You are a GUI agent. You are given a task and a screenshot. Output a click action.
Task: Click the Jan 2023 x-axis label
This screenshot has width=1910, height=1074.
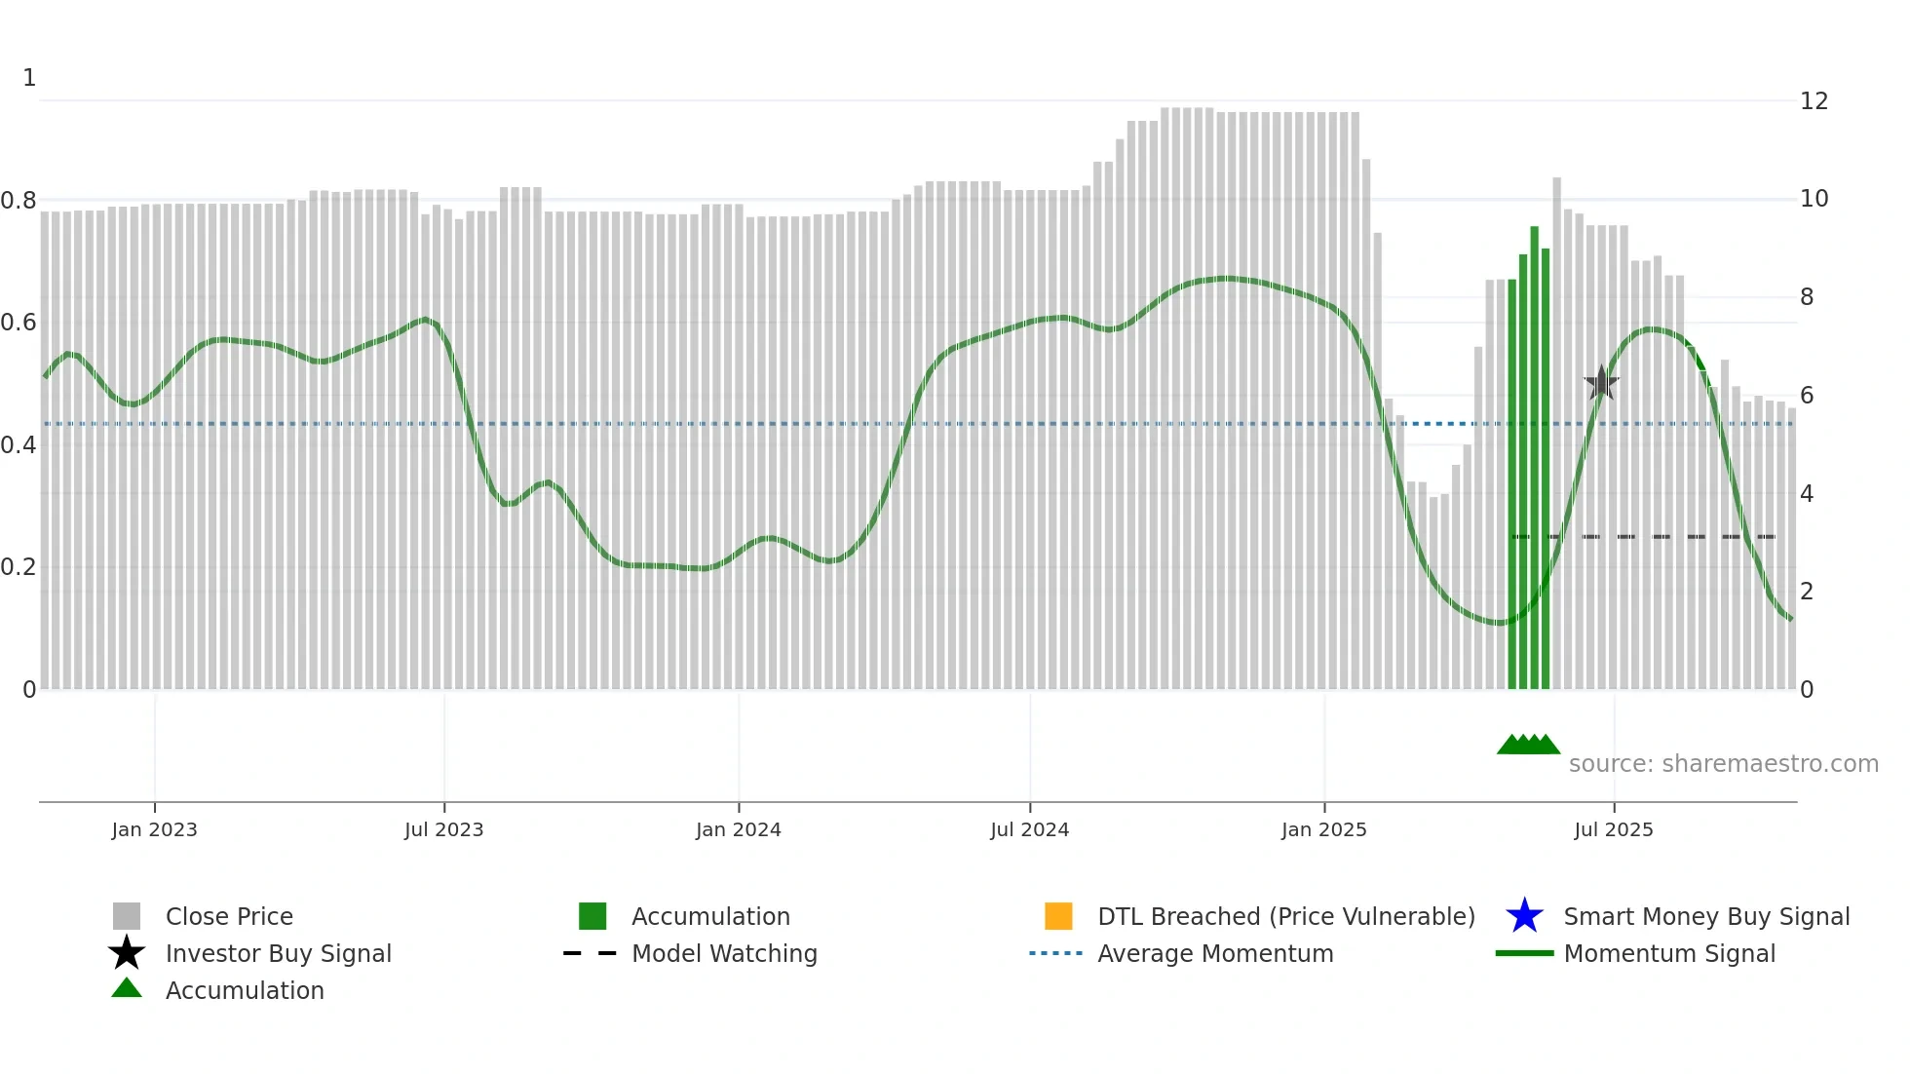coord(154,829)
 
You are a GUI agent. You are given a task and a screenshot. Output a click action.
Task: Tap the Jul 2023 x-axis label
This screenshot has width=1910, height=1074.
coord(443,829)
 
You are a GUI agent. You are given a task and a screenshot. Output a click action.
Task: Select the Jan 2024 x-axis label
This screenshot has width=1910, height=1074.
coord(738,829)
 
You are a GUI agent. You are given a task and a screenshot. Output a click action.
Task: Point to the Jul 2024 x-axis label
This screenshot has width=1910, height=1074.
coord(1029,829)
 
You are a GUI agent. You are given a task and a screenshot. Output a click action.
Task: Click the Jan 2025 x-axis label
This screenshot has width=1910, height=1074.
coord(1323,829)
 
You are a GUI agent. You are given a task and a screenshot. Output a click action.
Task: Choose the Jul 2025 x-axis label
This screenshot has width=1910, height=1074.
coord(1613,829)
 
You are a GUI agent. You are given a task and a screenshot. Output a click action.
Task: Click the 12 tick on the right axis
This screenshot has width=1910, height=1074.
coord(1814,101)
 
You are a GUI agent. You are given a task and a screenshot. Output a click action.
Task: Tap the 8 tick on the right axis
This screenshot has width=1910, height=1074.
coord(1807,297)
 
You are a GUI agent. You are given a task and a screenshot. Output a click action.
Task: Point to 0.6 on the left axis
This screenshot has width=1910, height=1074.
coord(19,323)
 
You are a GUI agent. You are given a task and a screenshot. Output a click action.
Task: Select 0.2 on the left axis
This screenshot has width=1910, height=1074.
coord(19,567)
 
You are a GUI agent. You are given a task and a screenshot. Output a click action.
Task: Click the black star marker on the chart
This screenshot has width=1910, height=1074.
coord(1601,383)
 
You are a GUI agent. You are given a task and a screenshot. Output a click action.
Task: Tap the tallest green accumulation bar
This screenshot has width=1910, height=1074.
coord(1534,458)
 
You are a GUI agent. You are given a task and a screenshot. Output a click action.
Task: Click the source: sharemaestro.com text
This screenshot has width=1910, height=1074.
coord(1723,764)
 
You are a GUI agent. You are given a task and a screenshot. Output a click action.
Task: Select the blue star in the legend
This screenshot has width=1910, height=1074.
coord(1524,916)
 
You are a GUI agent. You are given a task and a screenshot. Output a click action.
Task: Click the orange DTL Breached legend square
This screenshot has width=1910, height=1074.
coord(1058,916)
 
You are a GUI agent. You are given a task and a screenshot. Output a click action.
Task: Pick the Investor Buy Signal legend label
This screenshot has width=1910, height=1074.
coord(278,953)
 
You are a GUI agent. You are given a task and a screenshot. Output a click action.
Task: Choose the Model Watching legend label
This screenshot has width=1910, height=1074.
coord(724,953)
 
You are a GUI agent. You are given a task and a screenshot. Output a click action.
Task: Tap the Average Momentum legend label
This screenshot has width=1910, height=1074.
coord(1215,953)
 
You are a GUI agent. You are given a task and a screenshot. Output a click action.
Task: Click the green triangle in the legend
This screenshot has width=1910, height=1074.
coord(127,988)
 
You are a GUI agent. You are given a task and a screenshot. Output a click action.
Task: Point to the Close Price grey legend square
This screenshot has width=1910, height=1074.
coord(127,916)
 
